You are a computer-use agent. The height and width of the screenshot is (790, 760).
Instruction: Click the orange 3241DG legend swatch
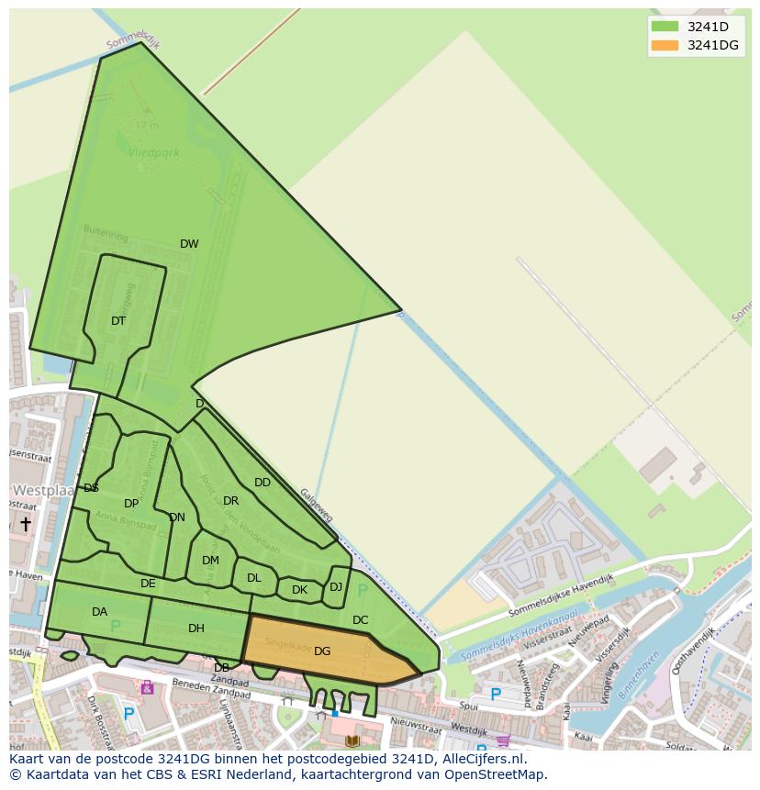[x=665, y=45]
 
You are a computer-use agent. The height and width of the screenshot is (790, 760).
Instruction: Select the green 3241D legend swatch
[x=665, y=27]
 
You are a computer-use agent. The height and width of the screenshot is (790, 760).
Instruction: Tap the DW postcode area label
[x=189, y=244]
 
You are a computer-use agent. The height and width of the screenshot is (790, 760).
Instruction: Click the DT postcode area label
[x=118, y=321]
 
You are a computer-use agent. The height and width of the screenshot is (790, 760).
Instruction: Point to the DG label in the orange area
[x=322, y=651]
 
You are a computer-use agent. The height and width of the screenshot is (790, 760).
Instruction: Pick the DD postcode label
[x=263, y=483]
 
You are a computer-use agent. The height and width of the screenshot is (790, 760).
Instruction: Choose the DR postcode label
[x=230, y=501]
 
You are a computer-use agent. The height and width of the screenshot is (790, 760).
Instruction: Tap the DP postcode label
[x=131, y=504]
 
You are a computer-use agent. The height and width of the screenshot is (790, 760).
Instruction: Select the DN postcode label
[x=177, y=517]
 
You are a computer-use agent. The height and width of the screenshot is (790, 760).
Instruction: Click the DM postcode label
[x=210, y=561]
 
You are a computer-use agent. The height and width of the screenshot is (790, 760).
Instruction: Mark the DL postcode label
[x=254, y=578]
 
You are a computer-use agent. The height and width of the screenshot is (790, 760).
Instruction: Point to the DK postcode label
[x=299, y=590]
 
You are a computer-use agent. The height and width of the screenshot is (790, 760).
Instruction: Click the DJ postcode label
[x=336, y=587]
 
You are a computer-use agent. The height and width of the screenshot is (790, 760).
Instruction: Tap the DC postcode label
[x=360, y=620]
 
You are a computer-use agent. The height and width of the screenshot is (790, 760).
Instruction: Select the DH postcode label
[x=196, y=629]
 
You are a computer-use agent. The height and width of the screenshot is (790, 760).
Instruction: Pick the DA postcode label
[x=99, y=612]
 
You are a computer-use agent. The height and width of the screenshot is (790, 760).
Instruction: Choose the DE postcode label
[x=148, y=584]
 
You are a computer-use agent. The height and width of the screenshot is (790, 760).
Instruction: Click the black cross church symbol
[x=26, y=524]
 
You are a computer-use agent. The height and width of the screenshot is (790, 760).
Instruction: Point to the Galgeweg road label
[x=316, y=505]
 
